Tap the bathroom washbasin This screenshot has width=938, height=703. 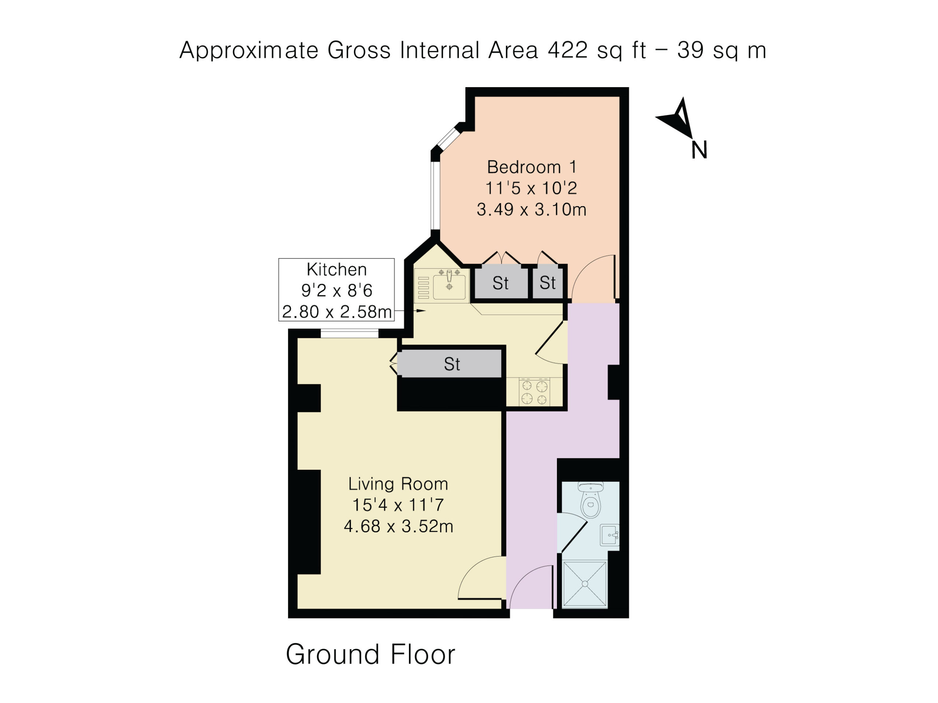pyautogui.click(x=609, y=535)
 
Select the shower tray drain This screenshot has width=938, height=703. pyautogui.click(x=585, y=584)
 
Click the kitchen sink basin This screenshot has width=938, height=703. pyautogui.click(x=449, y=287)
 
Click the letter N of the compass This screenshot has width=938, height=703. pyautogui.click(x=699, y=150)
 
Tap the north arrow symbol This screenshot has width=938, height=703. pyautogui.click(x=676, y=118)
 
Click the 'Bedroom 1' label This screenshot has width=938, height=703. pyautogui.click(x=532, y=167)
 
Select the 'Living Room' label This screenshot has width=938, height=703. pyautogui.click(x=398, y=484)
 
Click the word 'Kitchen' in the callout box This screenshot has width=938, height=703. pyautogui.click(x=336, y=269)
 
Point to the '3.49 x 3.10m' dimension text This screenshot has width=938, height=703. pyautogui.click(x=531, y=209)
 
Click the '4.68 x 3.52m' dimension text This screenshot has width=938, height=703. pyautogui.click(x=399, y=526)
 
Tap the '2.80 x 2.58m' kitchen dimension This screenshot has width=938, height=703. pyautogui.click(x=337, y=312)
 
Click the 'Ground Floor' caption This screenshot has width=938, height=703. pyautogui.click(x=370, y=654)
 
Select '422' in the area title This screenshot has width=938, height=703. pyautogui.click(x=568, y=50)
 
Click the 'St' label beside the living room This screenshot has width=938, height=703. pyautogui.click(x=452, y=364)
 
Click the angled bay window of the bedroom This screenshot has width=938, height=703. pyautogui.click(x=448, y=137)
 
